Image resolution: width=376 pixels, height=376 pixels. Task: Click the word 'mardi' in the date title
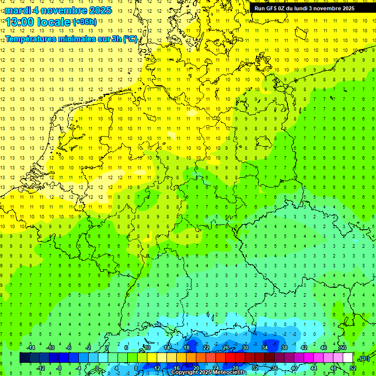pos(18,10)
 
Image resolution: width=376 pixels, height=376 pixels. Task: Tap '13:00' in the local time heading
pos(20,22)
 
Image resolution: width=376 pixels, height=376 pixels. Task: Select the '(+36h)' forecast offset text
pos(85,22)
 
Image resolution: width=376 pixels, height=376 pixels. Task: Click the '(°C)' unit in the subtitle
pos(130,39)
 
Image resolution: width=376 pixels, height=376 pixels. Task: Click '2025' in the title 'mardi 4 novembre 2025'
pos(97,10)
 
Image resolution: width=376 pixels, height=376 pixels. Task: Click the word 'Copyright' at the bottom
pos(184,373)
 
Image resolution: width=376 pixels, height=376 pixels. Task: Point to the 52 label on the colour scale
pos(352,368)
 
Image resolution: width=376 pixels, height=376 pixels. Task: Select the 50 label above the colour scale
pos(343,347)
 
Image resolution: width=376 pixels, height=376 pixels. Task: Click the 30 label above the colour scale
pos(245,347)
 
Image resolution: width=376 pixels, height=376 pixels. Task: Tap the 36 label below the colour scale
pos(274,368)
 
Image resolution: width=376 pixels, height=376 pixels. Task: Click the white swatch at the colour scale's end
pos(348,357)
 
